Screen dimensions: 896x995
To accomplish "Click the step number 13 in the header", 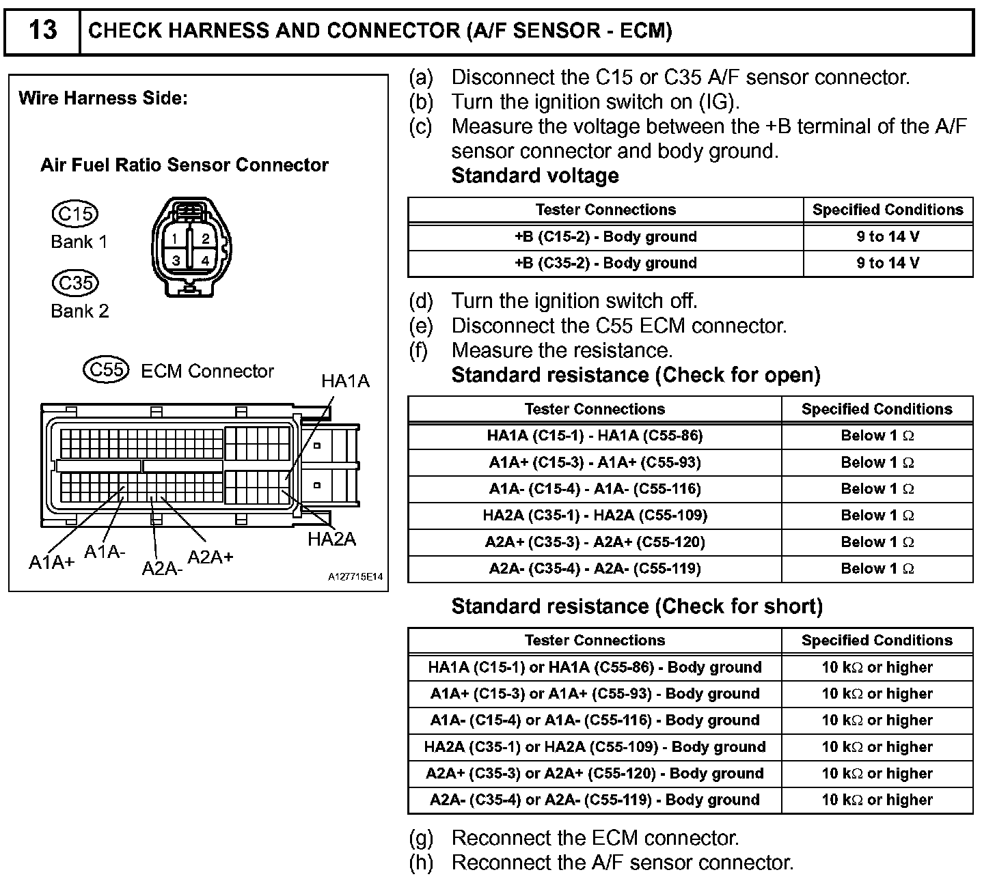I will [42, 31].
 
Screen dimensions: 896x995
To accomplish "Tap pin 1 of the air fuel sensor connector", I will [175, 239].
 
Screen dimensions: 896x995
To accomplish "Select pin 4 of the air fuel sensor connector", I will [205, 260].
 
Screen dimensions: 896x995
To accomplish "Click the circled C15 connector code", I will [75, 214].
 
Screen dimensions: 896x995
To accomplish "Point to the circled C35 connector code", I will [75, 283].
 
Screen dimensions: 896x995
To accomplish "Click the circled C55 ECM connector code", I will [106, 369].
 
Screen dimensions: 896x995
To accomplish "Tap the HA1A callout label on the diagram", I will [345, 381].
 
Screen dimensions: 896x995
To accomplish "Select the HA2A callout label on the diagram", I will [331, 540].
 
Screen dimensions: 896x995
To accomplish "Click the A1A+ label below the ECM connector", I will [51, 562].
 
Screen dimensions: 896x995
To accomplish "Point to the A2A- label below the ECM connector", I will [162, 568].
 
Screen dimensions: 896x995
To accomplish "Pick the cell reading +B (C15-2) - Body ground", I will [605, 237].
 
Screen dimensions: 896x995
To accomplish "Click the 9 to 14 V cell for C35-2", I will [888, 263].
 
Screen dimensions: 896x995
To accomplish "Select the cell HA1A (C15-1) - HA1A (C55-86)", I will [595, 436].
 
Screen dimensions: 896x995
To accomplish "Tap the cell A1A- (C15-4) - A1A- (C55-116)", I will [595, 489].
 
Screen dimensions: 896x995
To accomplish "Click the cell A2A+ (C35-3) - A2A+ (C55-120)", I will [595, 542].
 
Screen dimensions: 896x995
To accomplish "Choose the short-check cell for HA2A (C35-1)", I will [595, 747].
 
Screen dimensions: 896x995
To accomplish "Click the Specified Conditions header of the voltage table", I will [888, 210].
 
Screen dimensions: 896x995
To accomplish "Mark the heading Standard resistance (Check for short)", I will [637, 606].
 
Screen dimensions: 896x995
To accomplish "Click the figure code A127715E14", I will [355, 577].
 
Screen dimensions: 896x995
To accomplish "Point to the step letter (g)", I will [421, 838].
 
